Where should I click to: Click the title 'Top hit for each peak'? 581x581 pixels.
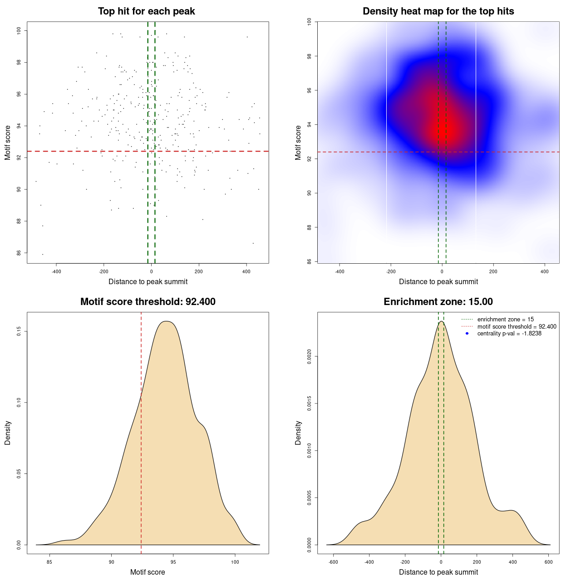click(147, 11)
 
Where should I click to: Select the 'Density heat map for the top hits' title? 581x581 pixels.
click(438, 11)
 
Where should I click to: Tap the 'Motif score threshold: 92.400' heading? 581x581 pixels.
click(148, 302)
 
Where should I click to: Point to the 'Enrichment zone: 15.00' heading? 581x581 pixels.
click(438, 302)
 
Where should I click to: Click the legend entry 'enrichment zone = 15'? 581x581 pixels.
click(505, 320)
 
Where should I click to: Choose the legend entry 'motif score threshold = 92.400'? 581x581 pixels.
click(517, 326)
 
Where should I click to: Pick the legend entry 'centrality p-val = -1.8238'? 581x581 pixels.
click(509, 334)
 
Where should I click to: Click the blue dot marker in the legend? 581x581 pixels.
click(467, 334)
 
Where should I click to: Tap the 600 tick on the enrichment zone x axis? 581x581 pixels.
click(548, 562)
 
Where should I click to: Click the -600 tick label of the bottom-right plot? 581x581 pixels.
click(333, 562)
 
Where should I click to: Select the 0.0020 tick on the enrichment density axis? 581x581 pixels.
click(309, 357)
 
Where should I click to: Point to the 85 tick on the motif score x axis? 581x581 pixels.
click(49, 562)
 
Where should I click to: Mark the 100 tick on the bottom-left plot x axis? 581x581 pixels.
click(235, 562)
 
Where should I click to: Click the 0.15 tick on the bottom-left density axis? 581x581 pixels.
click(19, 332)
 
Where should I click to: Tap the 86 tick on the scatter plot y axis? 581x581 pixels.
click(19, 253)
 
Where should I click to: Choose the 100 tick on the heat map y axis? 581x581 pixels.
click(309, 22)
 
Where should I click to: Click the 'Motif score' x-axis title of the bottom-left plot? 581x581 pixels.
click(148, 572)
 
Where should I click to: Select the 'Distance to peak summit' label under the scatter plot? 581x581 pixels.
click(148, 282)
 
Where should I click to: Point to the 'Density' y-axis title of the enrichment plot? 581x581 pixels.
click(298, 433)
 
